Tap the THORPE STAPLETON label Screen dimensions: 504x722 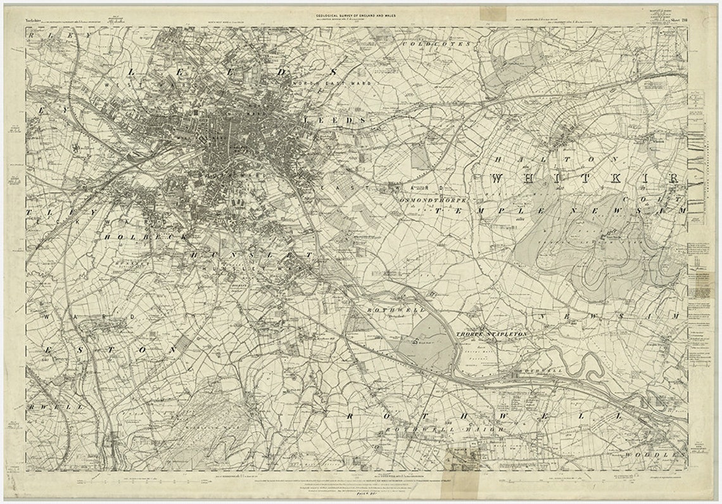(491, 333)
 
